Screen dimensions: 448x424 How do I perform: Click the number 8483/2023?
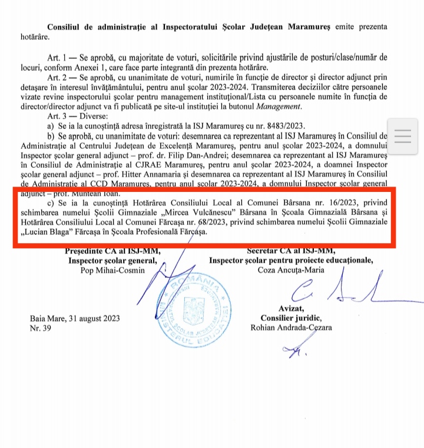277,125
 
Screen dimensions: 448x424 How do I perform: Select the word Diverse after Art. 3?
103,116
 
